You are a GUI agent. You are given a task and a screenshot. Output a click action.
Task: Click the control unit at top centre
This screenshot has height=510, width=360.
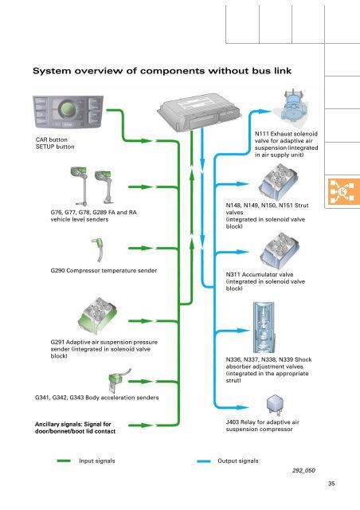(x=199, y=112)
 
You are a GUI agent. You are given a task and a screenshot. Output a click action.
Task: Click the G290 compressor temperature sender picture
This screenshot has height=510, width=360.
(x=98, y=249)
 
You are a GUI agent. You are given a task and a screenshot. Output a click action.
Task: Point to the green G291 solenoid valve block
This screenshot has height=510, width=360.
(x=98, y=316)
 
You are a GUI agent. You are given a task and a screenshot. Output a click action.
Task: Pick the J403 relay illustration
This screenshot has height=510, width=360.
(x=275, y=405)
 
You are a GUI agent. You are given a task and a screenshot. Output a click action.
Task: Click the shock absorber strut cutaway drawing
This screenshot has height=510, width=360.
(x=264, y=328)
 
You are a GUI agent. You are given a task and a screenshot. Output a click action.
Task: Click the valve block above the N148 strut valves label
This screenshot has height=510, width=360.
(x=279, y=182)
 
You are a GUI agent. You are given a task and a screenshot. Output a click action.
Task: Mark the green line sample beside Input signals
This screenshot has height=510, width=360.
(x=64, y=461)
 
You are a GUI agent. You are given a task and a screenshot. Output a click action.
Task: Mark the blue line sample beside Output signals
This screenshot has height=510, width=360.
(x=204, y=461)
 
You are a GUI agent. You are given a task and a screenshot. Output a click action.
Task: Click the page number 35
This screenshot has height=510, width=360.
(x=331, y=484)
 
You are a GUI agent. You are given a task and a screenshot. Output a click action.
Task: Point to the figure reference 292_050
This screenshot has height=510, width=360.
(x=303, y=470)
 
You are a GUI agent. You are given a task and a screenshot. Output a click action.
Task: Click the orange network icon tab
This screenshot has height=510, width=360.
(x=342, y=191)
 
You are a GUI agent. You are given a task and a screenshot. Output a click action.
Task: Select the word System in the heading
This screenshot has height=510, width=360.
(x=52, y=71)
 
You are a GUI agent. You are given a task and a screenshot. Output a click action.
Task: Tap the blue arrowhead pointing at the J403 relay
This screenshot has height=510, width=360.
(x=243, y=407)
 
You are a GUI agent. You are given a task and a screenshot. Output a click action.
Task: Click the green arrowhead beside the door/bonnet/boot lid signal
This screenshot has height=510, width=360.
(x=147, y=425)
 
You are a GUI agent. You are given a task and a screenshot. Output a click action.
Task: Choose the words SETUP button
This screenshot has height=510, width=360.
(x=55, y=147)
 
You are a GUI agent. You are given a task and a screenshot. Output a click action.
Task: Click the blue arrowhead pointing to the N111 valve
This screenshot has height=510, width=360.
(x=264, y=112)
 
